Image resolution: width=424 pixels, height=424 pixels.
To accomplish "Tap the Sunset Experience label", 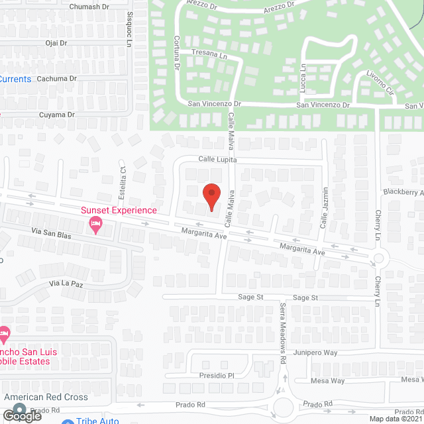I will [119, 211].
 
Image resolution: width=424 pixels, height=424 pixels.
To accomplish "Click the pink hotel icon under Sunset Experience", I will [95, 225].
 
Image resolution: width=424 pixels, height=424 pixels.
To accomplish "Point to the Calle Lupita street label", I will [217, 160].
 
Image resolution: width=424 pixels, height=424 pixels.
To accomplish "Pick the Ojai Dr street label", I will [56, 43].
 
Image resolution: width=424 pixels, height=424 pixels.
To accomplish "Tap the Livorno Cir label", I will [376, 83].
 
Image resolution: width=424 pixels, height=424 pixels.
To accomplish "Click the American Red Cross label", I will [46, 397].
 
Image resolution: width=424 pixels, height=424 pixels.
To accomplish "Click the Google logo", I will [22, 415].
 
